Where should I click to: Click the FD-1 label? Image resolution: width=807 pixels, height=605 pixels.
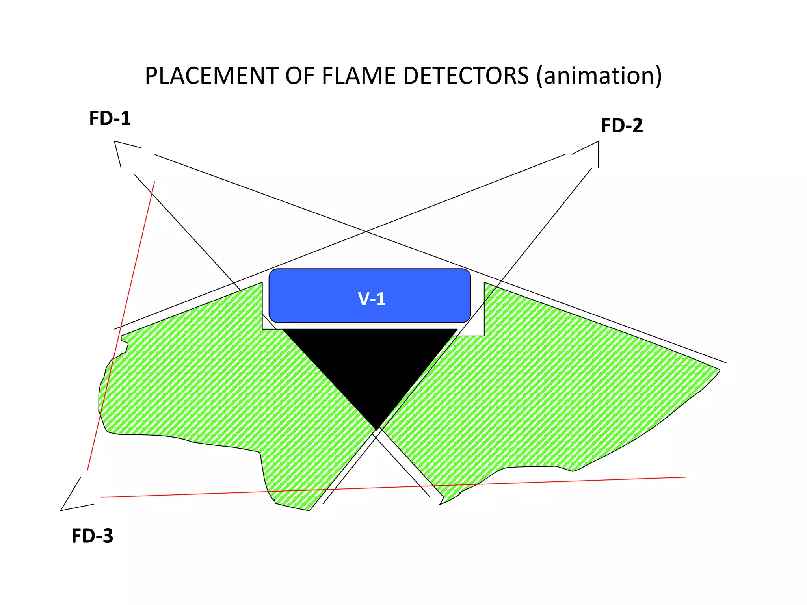(110, 118)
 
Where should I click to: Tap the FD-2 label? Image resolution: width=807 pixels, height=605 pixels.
(622, 126)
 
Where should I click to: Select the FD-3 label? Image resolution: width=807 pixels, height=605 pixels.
(92, 536)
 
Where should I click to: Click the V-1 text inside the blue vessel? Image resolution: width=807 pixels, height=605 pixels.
(372, 299)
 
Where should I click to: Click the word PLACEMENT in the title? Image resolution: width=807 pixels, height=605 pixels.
(211, 76)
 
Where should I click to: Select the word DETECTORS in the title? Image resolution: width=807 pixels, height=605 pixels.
(466, 76)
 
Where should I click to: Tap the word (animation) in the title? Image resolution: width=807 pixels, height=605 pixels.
(599, 76)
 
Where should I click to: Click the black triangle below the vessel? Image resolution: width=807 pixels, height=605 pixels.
(370, 362)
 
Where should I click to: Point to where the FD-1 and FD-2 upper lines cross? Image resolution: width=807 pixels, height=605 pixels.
(366, 232)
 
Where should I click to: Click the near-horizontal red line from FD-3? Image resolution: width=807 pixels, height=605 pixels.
(394, 487)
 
